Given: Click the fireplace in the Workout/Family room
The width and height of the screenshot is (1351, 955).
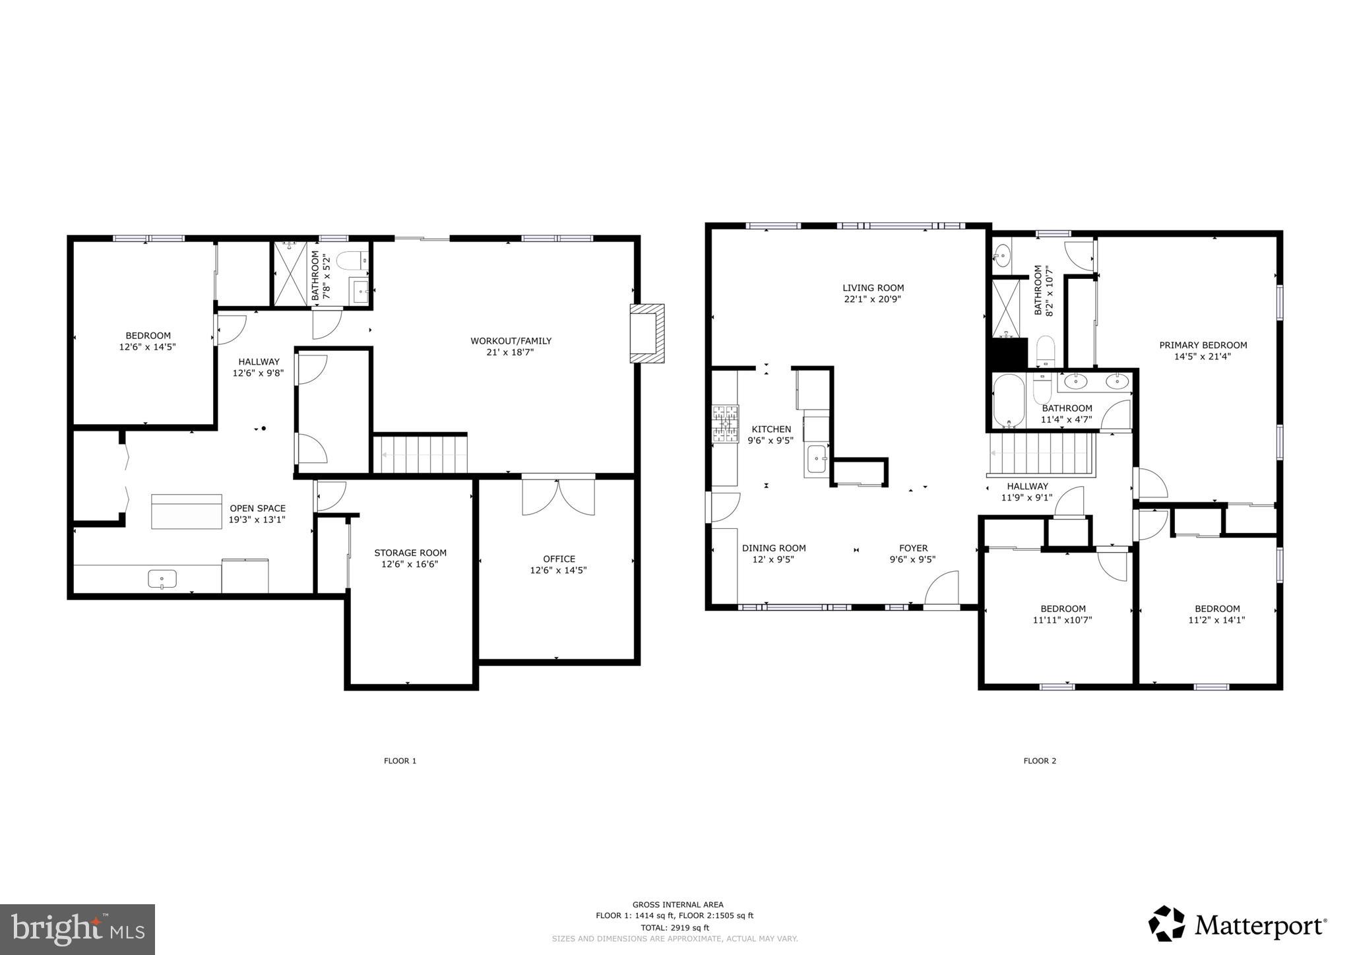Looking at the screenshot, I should tap(646, 333).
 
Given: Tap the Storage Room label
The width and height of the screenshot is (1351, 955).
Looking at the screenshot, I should tap(410, 553).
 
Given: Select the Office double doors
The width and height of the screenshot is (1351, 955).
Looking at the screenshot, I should tap(558, 497).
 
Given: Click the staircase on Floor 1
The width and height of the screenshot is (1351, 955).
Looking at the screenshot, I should tap(420, 454).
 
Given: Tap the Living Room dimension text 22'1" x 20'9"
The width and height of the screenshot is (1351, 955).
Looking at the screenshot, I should tap(873, 299).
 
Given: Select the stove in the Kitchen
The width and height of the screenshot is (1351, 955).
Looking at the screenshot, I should tap(725, 423).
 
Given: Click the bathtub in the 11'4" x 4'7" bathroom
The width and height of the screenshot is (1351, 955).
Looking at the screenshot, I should tap(1009, 402).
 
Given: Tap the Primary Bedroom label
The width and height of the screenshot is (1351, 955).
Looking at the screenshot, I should tap(1203, 345).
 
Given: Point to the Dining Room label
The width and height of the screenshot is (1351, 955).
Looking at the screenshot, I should tap(774, 548).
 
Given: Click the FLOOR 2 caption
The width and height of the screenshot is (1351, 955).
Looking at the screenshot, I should tap(1040, 760).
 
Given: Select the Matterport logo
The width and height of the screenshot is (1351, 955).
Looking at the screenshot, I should tap(1237, 925).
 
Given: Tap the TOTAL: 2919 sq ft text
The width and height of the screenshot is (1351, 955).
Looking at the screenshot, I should tap(674, 927).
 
